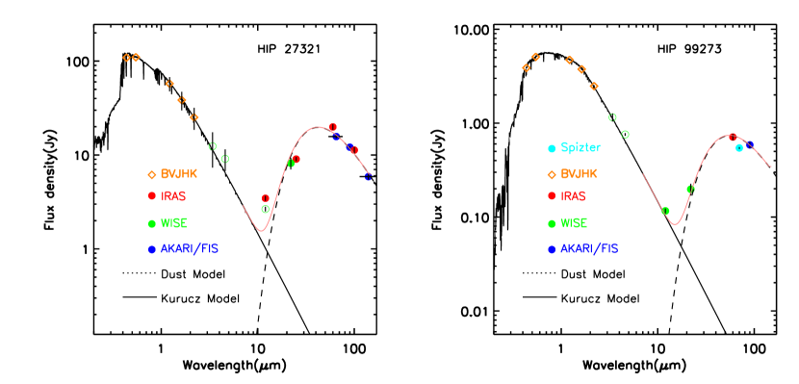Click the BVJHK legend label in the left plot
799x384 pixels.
tap(178, 174)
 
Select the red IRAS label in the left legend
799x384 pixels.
tap(173, 196)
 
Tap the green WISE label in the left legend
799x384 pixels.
tap(173, 223)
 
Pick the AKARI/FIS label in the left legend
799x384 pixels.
tap(190, 248)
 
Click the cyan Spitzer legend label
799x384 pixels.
tap(580, 148)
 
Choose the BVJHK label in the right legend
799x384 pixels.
tap(579, 174)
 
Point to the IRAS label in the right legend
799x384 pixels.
tap(573, 196)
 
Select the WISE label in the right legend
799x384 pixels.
tap(574, 223)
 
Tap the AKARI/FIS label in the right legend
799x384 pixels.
tap(589, 248)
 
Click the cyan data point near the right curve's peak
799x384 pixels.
tap(739, 148)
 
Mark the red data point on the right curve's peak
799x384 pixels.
tap(733, 138)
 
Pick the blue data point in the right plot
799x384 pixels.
tap(750, 144)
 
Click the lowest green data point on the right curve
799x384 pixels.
tap(665, 211)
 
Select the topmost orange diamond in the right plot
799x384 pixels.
tap(535, 57)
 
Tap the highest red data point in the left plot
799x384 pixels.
tap(333, 127)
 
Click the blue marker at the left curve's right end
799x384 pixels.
tap(368, 177)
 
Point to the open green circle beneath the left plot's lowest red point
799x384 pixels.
tap(266, 209)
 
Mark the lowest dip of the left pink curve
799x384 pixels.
tap(260, 231)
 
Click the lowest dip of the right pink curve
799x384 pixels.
tap(676, 224)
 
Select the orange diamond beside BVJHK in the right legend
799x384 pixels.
tap(552, 175)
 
